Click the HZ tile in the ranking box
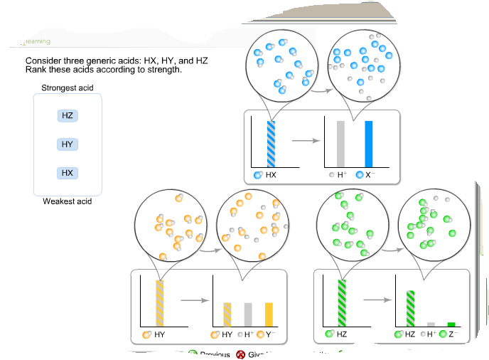point(68,115)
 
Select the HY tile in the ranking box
point(68,144)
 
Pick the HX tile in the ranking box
point(68,173)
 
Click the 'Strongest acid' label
point(68,88)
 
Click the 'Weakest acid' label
point(68,201)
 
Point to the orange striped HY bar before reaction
point(160,302)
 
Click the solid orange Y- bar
point(269,314)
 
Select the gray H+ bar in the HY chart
point(248,314)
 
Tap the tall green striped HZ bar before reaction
point(342,302)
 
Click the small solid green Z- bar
point(451,324)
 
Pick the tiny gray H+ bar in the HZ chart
point(431,324)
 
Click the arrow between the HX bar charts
point(303,140)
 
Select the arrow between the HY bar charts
point(192,300)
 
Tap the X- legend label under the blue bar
point(371,174)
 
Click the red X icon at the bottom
point(240,354)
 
